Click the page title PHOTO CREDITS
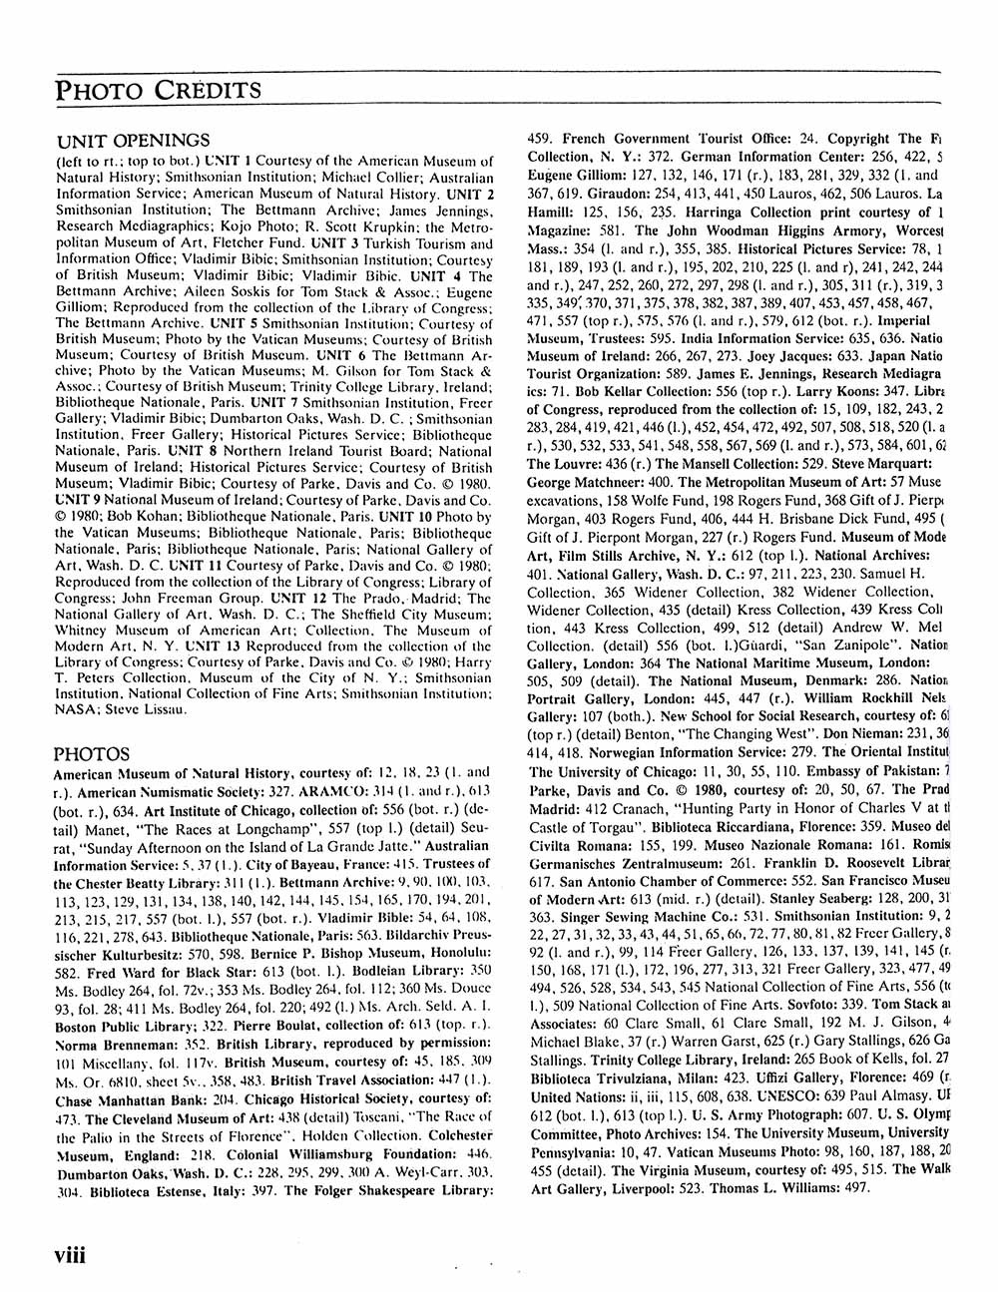tap(158, 91)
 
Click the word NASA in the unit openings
tap(80, 709)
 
